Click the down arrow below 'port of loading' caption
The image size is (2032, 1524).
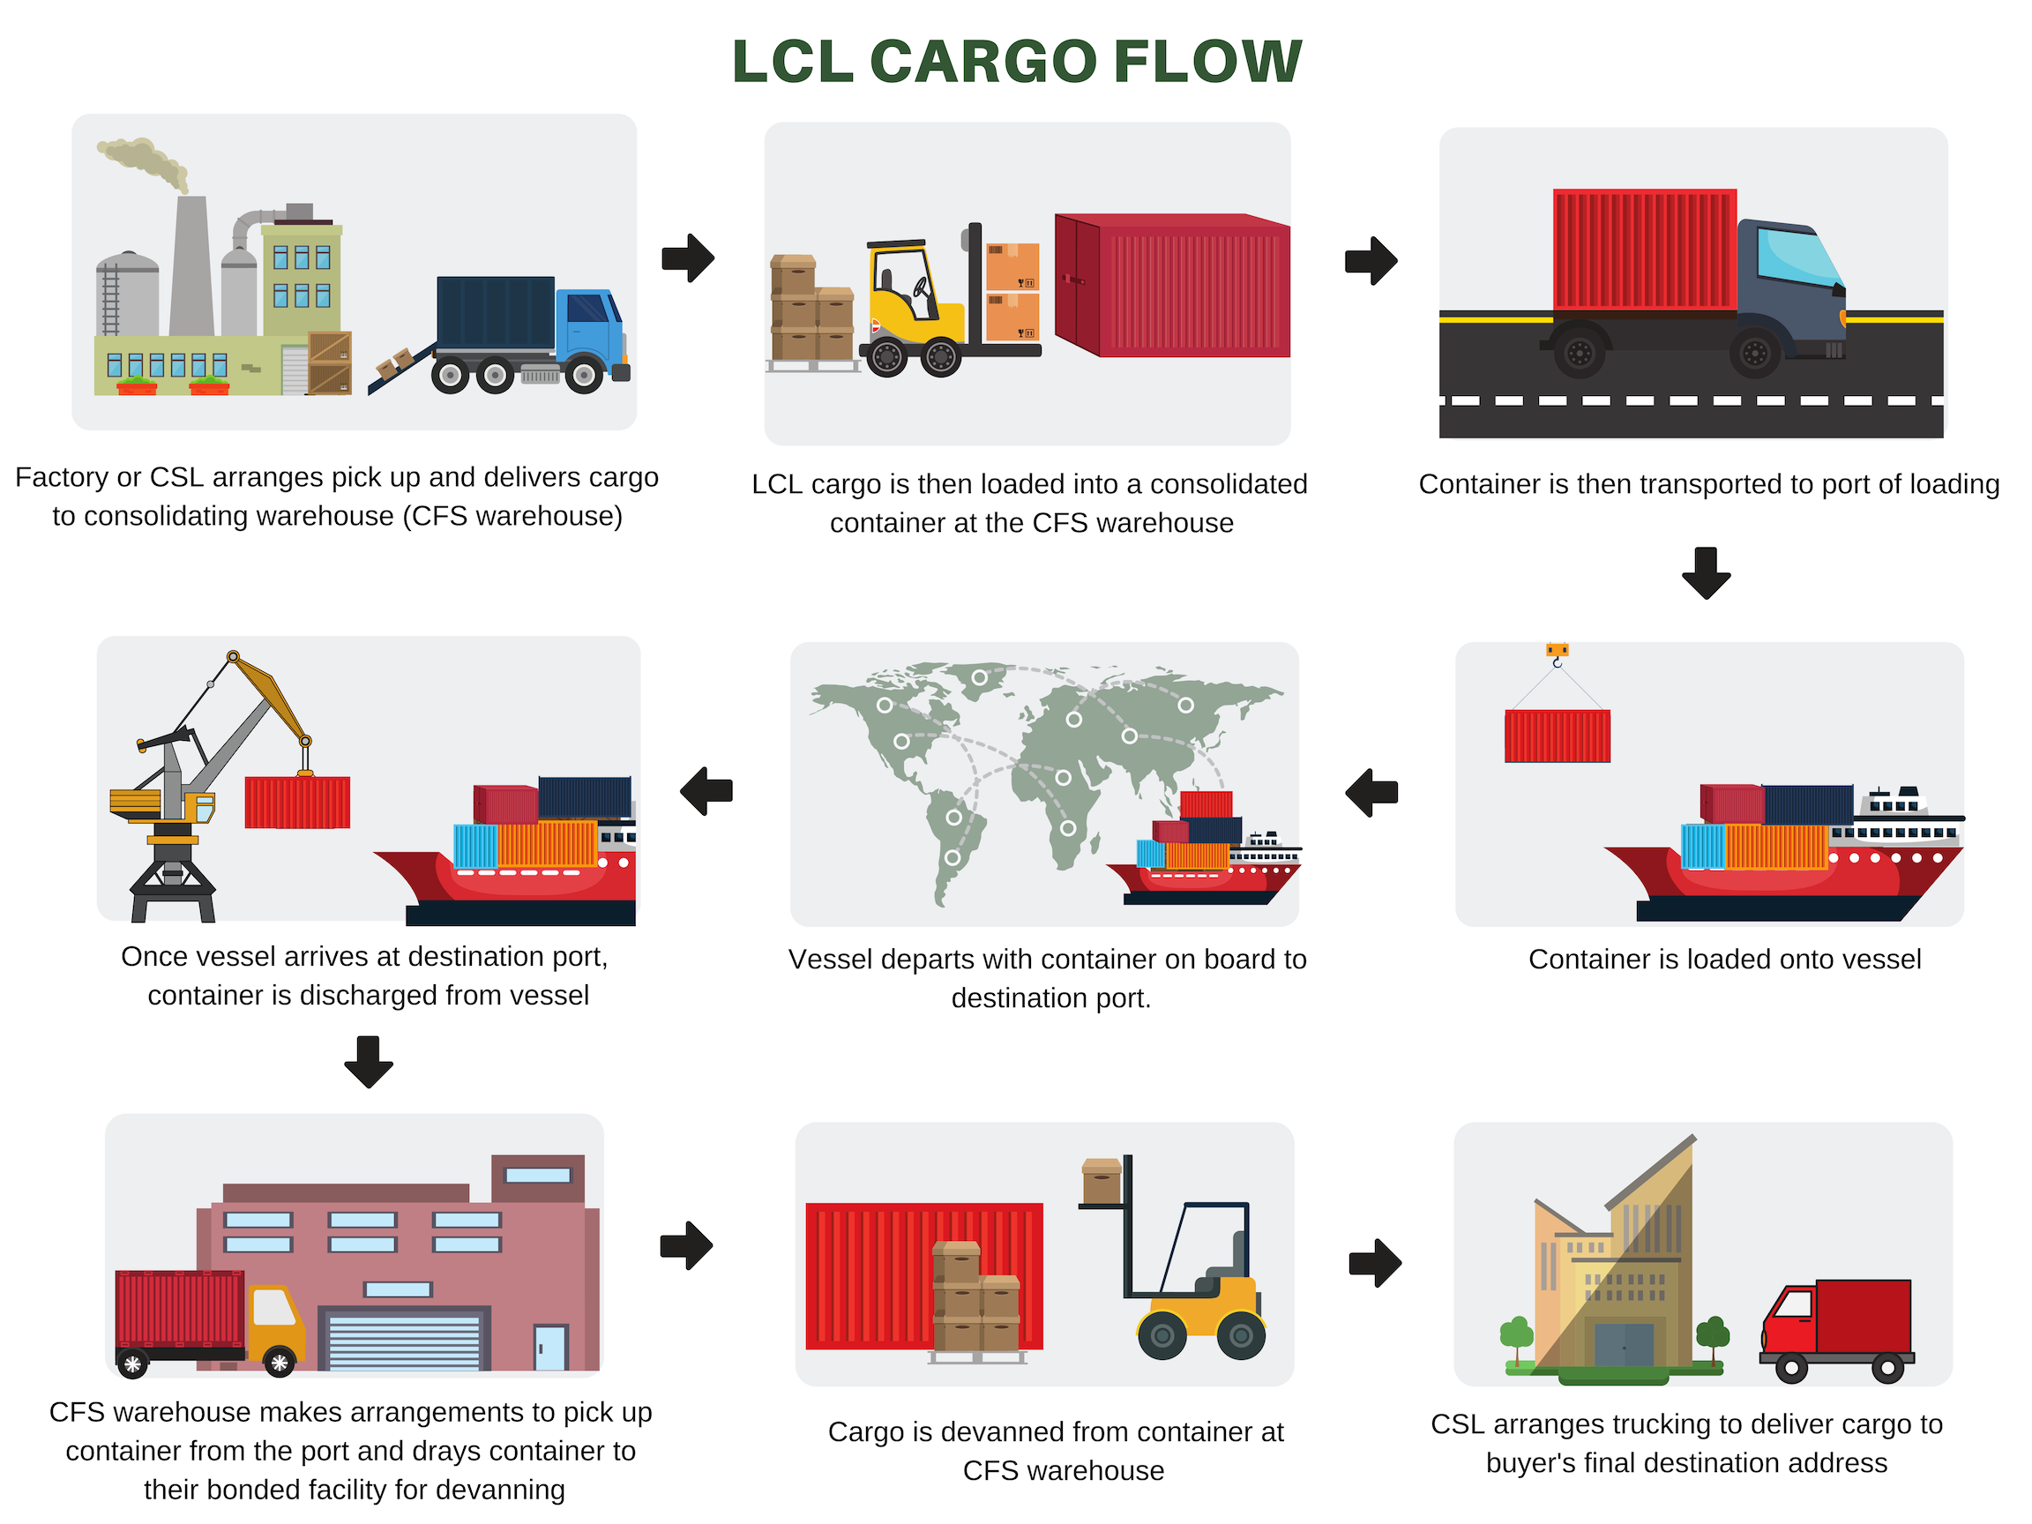tap(1706, 573)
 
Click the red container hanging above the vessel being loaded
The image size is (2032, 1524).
tap(1557, 736)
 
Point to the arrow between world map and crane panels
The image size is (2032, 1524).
tap(706, 791)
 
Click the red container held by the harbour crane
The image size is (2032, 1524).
tap(296, 802)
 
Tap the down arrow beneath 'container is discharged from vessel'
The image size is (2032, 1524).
tap(369, 1062)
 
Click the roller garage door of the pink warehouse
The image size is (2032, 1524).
tap(404, 1342)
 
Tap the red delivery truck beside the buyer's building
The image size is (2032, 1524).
tap(1837, 1327)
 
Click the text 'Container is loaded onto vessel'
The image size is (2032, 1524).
tap(1724, 959)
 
